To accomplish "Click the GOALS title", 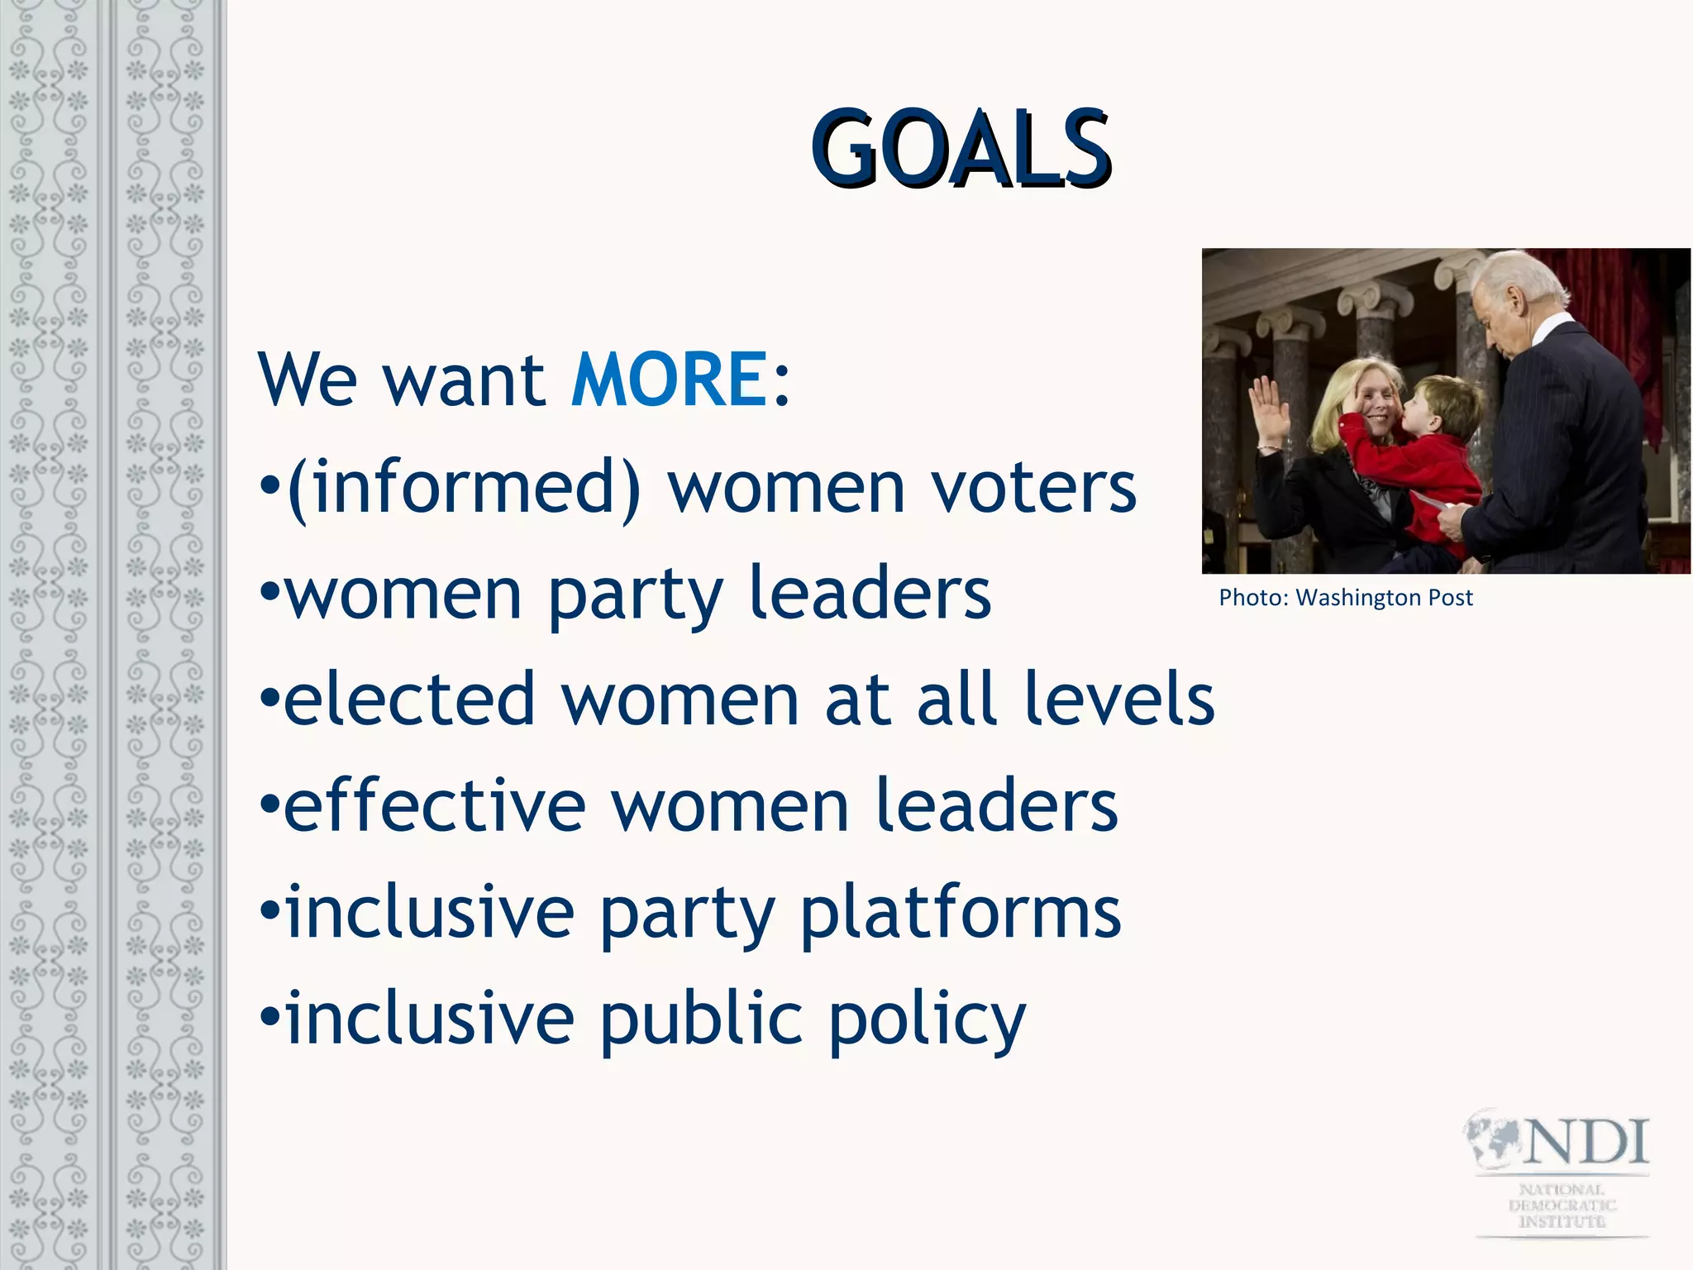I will pyautogui.click(x=961, y=149).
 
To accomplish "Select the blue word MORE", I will pyautogui.click(x=670, y=380).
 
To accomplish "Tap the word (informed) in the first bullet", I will pyautogui.click(x=464, y=488).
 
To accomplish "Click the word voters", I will pyautogui.click(x=1034, y=488).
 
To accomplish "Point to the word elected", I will pyautogui.click(x=410, y=699).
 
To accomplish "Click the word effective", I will pyautogui.click(x=435, y=805).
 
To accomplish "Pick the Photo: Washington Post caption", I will pyautogui.click(x=1346, y=598).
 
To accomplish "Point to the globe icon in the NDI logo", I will pyautogui.click(x=1495, y=1139).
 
